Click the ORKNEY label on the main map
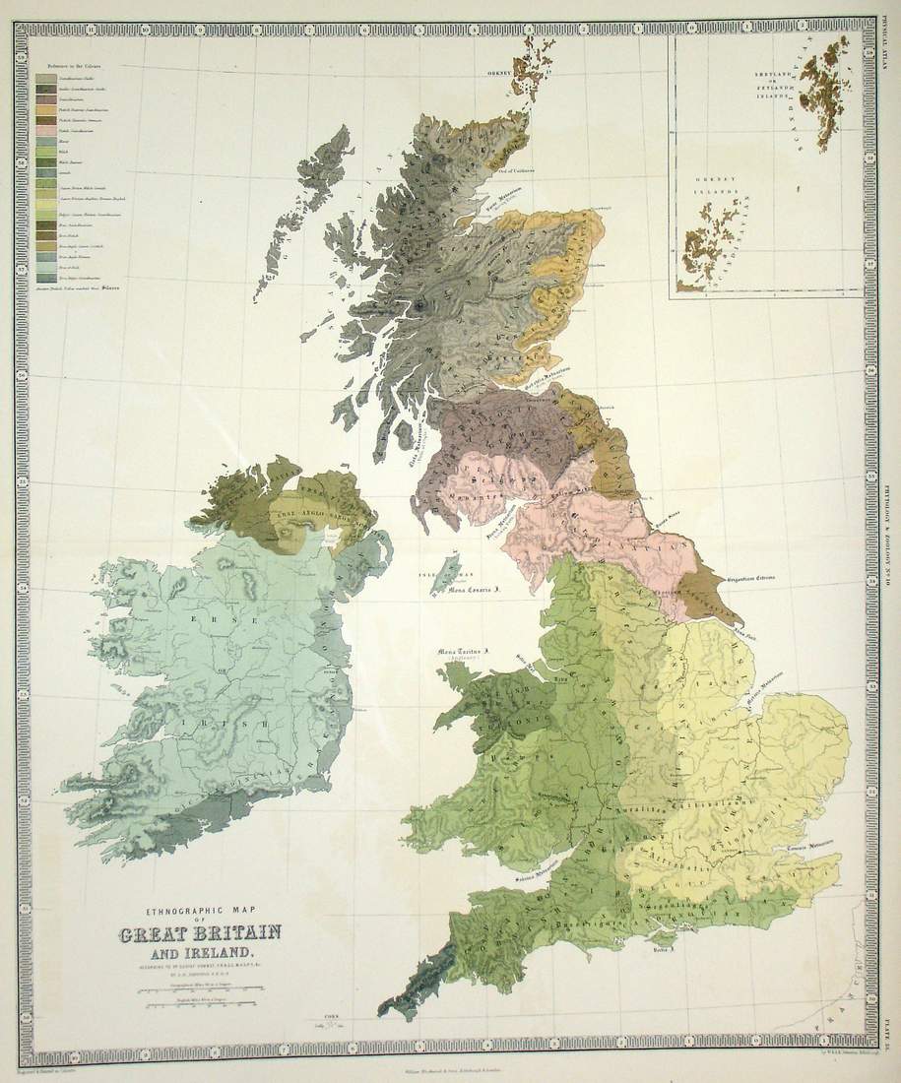pos(494,73)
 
